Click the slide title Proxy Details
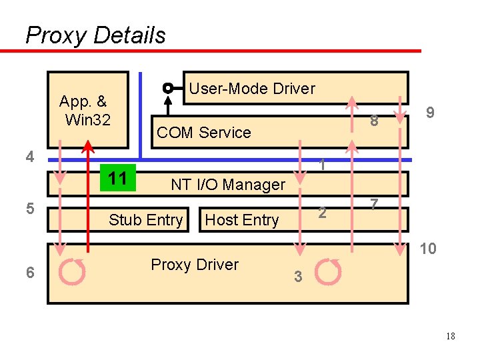pos(95,35)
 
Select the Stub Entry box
pos(145,220)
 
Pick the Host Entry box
pos(241,220)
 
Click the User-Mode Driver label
pos(252,89)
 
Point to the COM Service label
pos(203,133)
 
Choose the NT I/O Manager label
pos(228,185)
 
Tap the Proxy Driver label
pos(195,265)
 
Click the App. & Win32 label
pos(85,111)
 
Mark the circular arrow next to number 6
pos(72,272)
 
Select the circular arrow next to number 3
pos(328,272)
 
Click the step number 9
pos(431,113)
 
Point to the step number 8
pos(375,121)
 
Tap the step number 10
pos(428,249)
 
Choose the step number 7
pos(375,205)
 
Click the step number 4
pos(29,157)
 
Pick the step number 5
pos(29,209)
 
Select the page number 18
pos(451,337)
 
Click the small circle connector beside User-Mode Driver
pos(168,88)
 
